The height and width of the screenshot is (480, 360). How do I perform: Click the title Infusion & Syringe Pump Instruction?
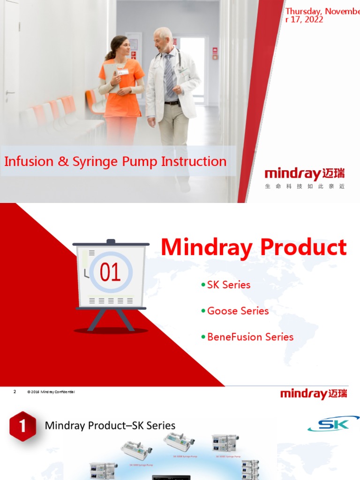click(115, 162)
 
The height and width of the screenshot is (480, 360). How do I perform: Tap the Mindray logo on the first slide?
click(305, 174)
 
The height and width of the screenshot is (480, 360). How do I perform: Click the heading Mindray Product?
click(254, 247)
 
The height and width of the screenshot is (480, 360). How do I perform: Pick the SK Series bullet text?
click(229, 285)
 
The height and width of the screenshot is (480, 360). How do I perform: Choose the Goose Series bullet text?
click(238, 311)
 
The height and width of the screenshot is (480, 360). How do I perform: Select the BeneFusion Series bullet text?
click(250, 337)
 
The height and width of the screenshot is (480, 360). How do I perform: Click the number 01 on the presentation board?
click(110, 272)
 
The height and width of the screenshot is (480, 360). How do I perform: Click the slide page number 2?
click(15, 392)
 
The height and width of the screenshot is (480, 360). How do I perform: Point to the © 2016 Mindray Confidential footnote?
click(51, 392)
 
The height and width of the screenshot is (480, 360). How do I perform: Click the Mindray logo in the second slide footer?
click(314, 394)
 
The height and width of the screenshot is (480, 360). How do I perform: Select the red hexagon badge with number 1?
click(22, 426)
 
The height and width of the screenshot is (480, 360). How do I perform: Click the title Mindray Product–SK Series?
click(110, 426)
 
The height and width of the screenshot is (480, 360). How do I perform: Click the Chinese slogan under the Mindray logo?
click(305, 187)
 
